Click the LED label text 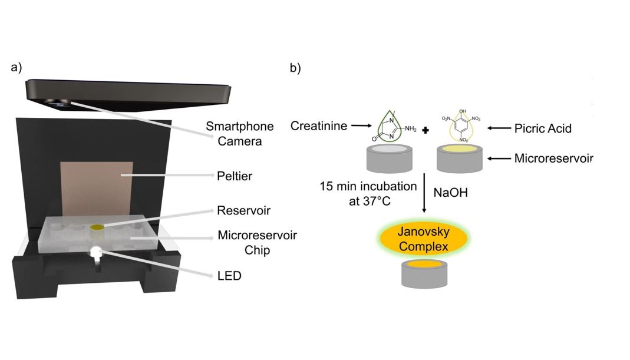click(229, 275)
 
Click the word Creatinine click(319, 125)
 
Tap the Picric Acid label click(543, 128)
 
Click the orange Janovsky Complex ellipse click(423, 239)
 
